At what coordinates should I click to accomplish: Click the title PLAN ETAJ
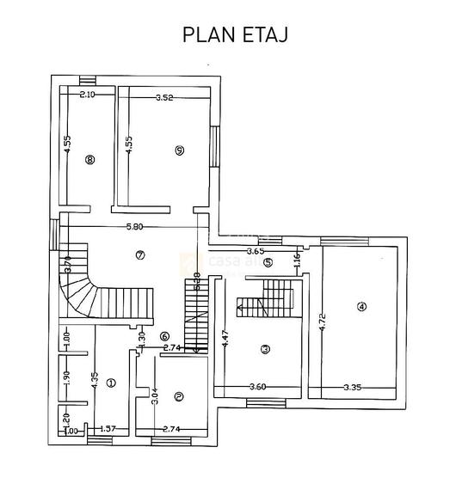234,34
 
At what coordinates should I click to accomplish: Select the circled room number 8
89,159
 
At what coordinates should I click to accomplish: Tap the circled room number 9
178,150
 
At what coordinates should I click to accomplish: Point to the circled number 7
140,254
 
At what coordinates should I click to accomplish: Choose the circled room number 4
361,306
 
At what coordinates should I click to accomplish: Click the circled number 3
265,348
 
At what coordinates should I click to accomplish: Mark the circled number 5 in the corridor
268,262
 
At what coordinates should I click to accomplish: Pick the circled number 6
165,336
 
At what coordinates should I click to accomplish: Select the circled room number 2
178,396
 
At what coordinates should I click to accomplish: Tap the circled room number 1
110,384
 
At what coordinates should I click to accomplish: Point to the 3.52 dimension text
164,97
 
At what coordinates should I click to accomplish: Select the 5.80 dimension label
133,227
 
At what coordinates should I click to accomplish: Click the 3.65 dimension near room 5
255,251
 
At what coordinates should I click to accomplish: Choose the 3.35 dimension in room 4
352,388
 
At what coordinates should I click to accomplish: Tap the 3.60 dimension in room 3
257,388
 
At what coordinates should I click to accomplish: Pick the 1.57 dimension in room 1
108,428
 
